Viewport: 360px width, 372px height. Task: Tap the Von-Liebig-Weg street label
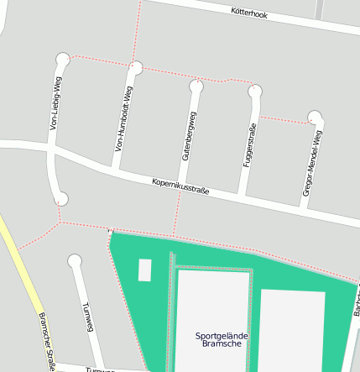point(56,103)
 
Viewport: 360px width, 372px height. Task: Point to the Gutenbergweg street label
point(189,134)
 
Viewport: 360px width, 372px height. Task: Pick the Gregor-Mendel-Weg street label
point(311,163)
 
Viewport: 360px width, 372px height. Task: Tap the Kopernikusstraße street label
point(180,186)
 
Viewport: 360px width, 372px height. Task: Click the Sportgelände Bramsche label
point(222,339)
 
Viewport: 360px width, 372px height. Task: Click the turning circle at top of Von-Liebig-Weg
point(62,59)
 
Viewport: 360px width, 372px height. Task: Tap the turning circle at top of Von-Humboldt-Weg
point(136,67)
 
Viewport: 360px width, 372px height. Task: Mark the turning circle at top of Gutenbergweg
point(196,86)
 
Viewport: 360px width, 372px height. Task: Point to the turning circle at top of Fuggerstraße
point(255,92)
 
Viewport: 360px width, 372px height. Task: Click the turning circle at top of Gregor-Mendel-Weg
point(315,117)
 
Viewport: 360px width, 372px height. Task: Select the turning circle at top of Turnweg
point(75,261)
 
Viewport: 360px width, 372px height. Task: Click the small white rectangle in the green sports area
point(144,270)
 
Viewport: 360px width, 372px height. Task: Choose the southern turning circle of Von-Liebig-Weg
point(61,199)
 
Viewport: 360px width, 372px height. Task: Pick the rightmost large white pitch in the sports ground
point(291,332)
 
